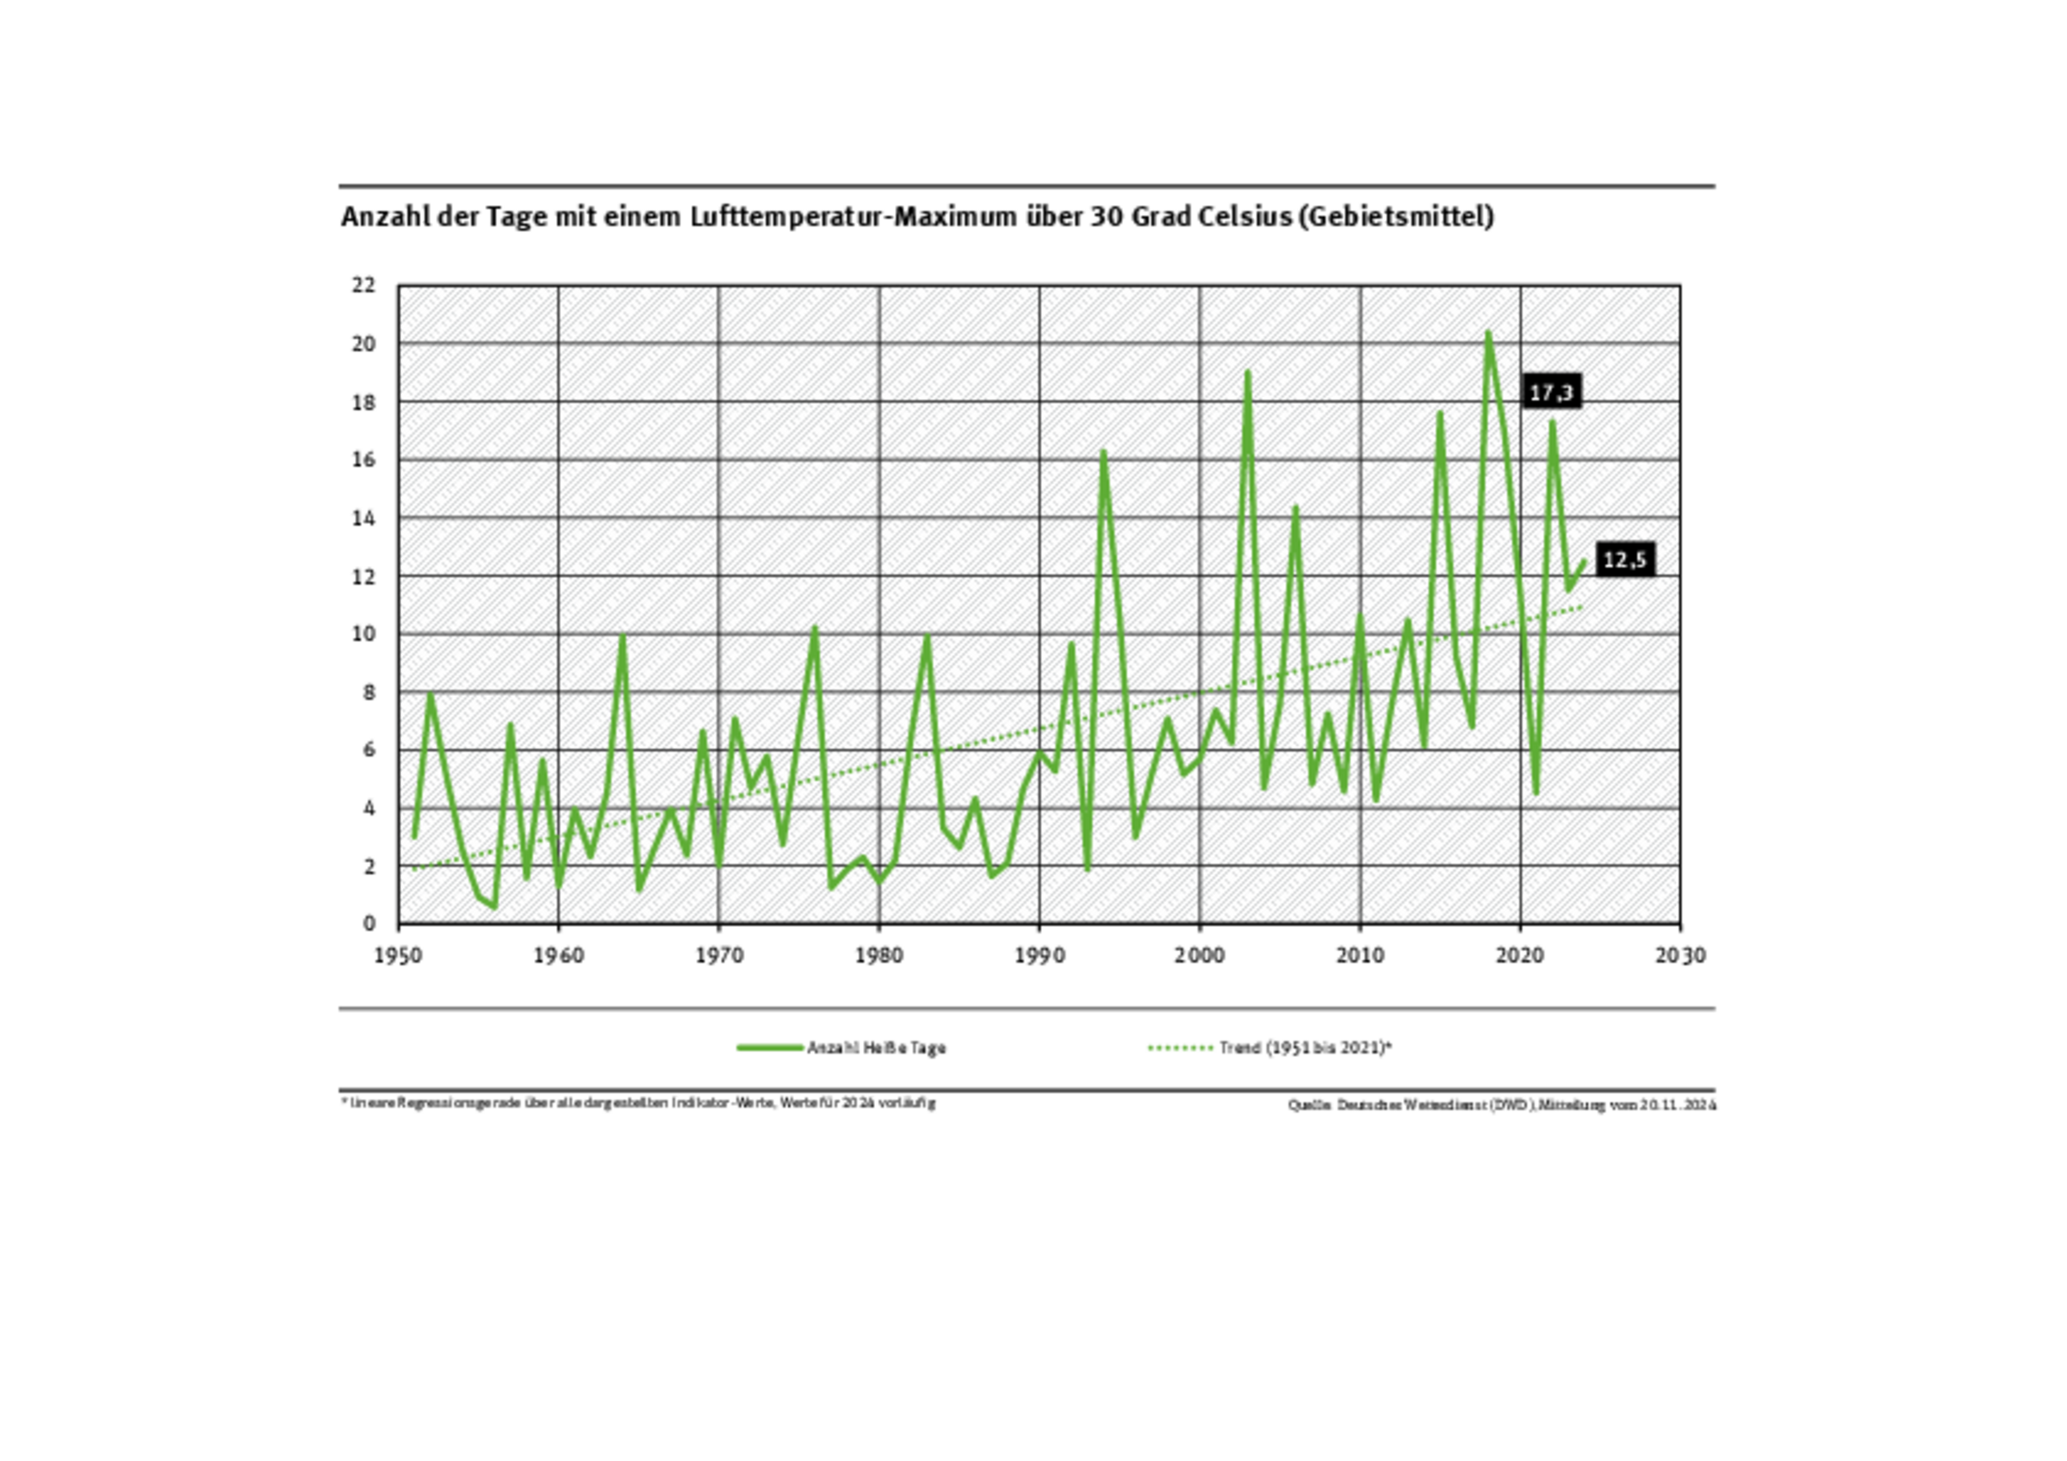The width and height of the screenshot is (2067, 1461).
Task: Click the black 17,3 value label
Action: pyautogui.click(x=1550, y=393)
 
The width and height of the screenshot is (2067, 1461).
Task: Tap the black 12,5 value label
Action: pyautogui.click(x=1625, y=560)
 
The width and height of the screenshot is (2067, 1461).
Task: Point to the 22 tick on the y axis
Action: pyautogui.click(x=363, y=285)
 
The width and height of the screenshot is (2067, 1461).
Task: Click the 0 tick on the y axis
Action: pyautogui.click(x=369, y=923)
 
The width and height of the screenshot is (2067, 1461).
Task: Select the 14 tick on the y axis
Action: pyautogui.click(x=363, y=519)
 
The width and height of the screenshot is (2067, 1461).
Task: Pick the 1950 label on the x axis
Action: pyautogui.click(x=398, y=956)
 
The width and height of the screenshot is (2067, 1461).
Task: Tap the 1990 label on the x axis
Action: pyautogui.click(x=1039, y=956)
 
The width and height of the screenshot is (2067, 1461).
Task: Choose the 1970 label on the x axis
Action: pyautogui.click(x=718, y=956)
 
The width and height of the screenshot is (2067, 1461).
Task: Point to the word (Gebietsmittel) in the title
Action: pyautogui.click(x=1396, y=217)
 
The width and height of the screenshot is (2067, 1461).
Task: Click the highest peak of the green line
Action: pyautogui.click(x=1488, y=333)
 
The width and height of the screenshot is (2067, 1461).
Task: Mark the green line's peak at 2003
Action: pyautogui.click(x=1248, y=373)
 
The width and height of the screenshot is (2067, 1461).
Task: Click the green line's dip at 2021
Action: pyautogui.click(x=1536, y=793)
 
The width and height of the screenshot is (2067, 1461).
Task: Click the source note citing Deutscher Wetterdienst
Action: pyautogui.click(x=1502, y=1104)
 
